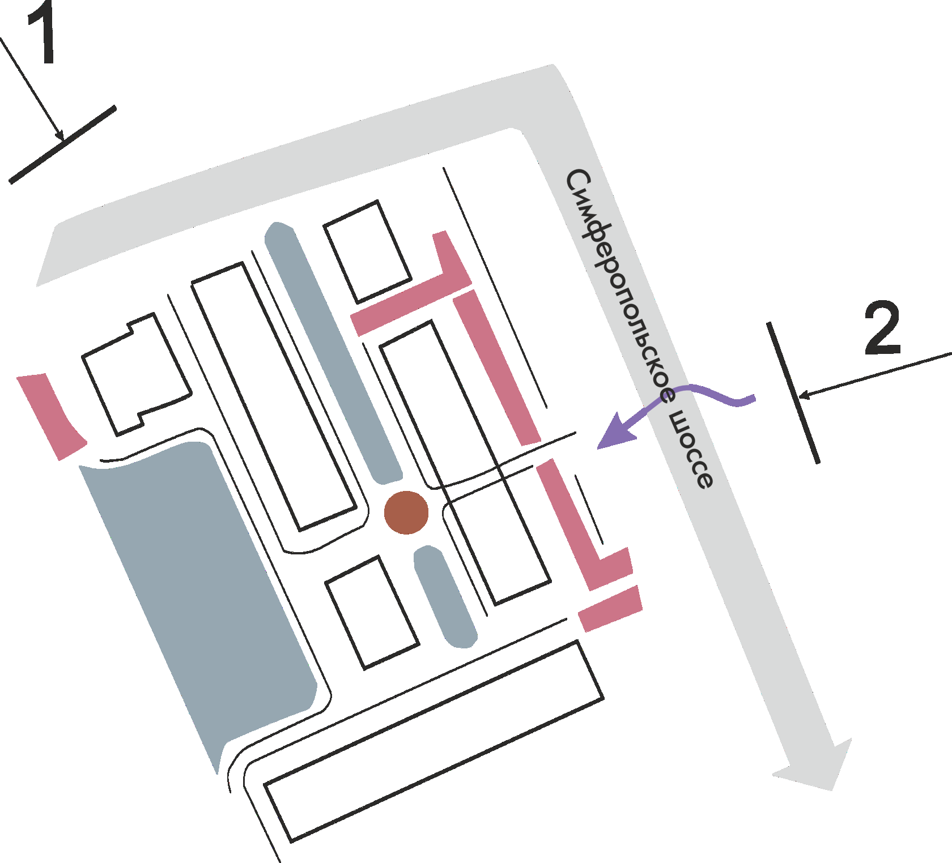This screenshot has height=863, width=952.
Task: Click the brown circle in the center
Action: pyautogui.click(x=406, y=512)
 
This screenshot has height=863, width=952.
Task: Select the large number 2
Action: pyautogui.click(x=882, y=328)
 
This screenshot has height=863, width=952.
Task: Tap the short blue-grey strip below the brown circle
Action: pyautogui.click(x=445, y=597)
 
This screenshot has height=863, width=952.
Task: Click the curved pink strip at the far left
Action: pyautogui.click(x=50, y=416)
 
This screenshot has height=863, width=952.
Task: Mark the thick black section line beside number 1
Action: pyautogui.click(x=62, y=145)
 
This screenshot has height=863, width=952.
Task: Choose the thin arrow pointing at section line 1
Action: pyautogui.click(x=34, y=88)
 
